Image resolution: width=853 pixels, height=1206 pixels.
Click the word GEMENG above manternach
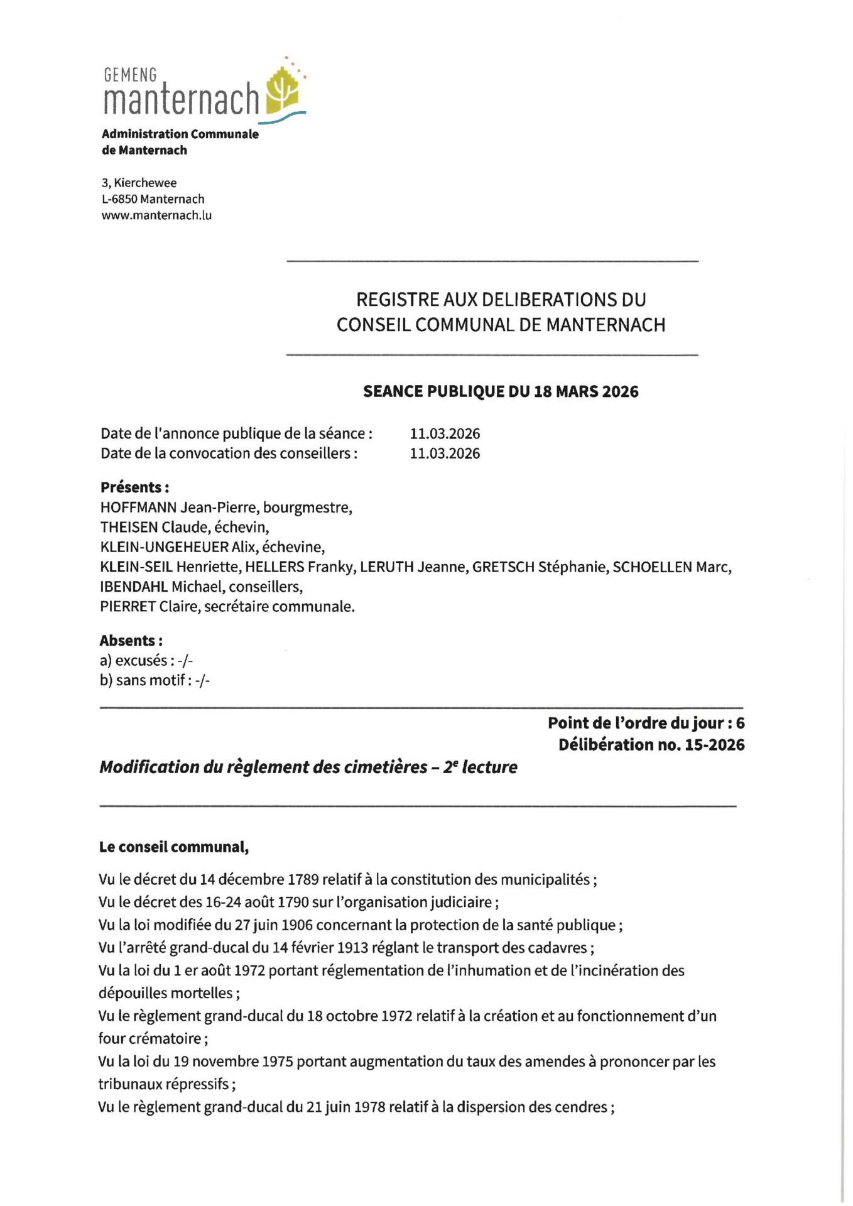tap(130, 75)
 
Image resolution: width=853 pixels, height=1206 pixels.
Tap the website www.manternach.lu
tap(156, 215)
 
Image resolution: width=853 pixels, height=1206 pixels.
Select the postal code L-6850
tap(119, 199)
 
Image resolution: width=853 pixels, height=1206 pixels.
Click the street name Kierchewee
tap(145, 183)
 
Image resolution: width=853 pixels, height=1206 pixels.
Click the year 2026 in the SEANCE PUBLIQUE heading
tap(620, 392)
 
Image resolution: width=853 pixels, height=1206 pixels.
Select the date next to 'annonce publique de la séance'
tap(445, 433)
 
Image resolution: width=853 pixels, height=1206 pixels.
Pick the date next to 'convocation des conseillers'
tap(445, 454)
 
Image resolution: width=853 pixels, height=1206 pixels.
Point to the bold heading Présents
tap(133, 487)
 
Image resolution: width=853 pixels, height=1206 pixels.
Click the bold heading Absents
tap(129, 641)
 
